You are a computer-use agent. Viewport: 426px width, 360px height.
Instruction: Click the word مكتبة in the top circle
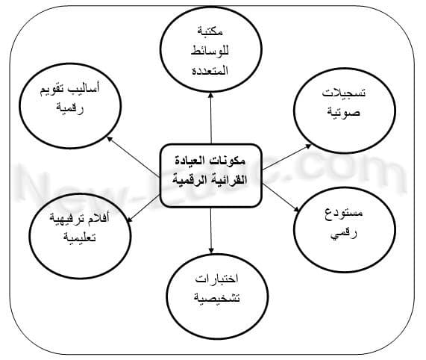[x=210, y=31]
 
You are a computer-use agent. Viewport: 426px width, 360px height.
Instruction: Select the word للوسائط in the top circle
[x=210, y=51]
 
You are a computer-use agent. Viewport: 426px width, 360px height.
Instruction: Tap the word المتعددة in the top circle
[x=210, y=71]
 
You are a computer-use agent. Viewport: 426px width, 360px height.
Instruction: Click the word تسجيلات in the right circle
[x=344, y=93]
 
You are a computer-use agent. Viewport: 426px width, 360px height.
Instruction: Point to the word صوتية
[x=344, y=112]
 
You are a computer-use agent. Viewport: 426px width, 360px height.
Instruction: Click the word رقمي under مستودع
[x=344, y=233]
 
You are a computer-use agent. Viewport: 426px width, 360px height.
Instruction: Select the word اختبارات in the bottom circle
[x=217, y=279]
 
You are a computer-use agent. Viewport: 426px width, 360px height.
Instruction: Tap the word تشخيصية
[x=217, y=298]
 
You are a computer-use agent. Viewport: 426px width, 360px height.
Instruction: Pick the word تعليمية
[x=80, y=237]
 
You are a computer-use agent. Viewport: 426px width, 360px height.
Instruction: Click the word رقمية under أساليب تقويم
[x=70, y=108]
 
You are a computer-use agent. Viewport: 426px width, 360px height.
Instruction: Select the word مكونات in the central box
[x=231, y=161]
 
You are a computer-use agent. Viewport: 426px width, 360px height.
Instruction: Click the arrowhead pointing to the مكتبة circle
[x=210, y=95]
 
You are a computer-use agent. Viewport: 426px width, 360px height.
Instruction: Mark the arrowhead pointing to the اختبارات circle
[x=211, y=250]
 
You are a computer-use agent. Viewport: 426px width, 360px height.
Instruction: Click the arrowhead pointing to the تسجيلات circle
[x=308, y=146]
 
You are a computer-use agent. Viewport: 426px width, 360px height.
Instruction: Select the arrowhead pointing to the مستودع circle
[x=296, y=208]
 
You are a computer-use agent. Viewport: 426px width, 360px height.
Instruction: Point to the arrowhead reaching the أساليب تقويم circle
[x=110, y=139]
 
